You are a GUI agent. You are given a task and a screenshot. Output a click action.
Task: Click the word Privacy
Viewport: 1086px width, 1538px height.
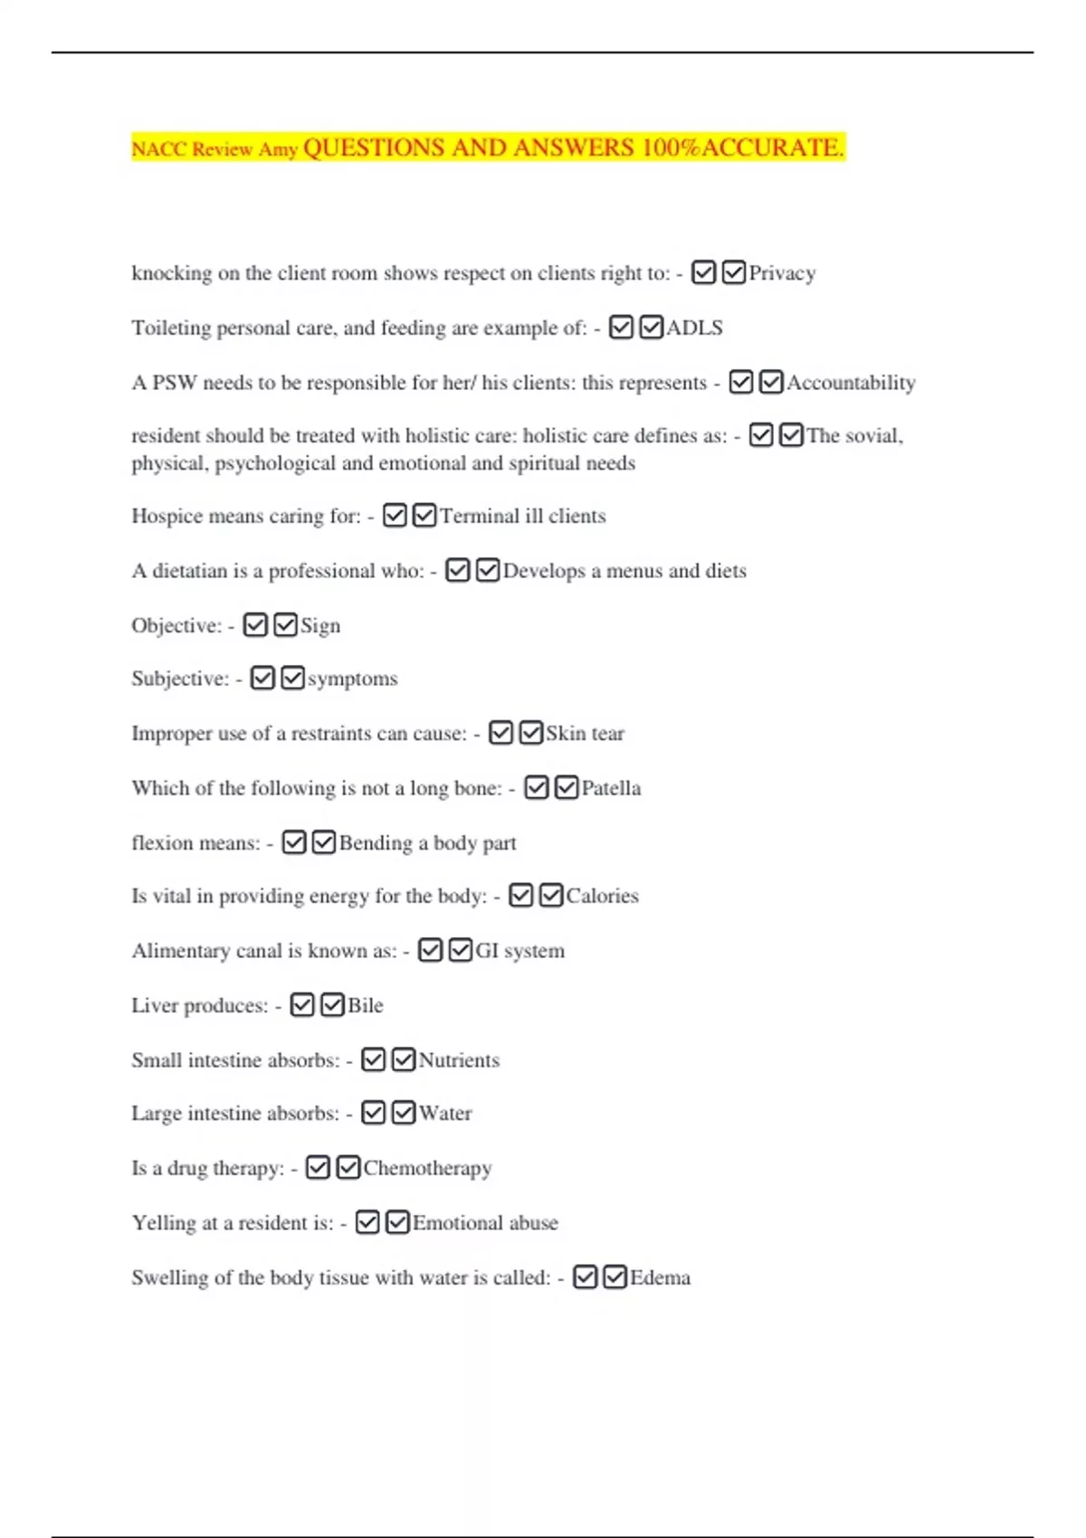pyautogui.click(x=782, y=273)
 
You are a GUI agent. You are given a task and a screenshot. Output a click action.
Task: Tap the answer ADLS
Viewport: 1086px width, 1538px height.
pyautogui.click(x=694, y=328)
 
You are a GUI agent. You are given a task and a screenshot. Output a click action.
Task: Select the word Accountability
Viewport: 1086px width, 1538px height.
pyautogui.click(x=851, y=383)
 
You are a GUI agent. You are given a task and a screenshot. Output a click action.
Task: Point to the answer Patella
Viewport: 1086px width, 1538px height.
pyautogui.click(x=611, y=788)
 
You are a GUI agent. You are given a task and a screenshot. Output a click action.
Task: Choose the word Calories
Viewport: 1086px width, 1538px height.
pyautogui.click(x=602, y=896)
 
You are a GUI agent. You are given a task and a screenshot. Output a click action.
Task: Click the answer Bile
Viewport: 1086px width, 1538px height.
pyautogui.click(x=366, y=1005)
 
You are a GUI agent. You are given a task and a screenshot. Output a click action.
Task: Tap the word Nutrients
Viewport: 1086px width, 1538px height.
pyautogui.click(x=459, y=1060)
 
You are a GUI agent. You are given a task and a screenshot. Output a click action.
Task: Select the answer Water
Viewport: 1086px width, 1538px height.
pyautogui.click(x=445, y=1114)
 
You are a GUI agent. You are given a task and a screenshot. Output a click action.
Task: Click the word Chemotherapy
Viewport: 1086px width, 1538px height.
pyautogui.click(x=427, y=1168)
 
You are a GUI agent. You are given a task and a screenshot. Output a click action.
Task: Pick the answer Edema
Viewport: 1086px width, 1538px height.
pyautogui.click(x=660, y=1277)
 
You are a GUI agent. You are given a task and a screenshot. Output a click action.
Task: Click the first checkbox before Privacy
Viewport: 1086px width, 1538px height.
pyautogui.click(x=703, y=272)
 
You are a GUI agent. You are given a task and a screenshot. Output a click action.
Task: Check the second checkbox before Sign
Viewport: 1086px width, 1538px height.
pyautogui.click(x=285, y=625)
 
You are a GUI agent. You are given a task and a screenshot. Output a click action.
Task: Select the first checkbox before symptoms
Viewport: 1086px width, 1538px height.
pyautogui.click(x=262, y=679)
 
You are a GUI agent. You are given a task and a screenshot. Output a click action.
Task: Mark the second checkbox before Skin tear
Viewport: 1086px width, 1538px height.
pyautogui.click(x=531, y=733)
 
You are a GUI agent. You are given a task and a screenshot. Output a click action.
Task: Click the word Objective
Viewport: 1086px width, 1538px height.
pyautogui.click(x=176, y=626)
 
